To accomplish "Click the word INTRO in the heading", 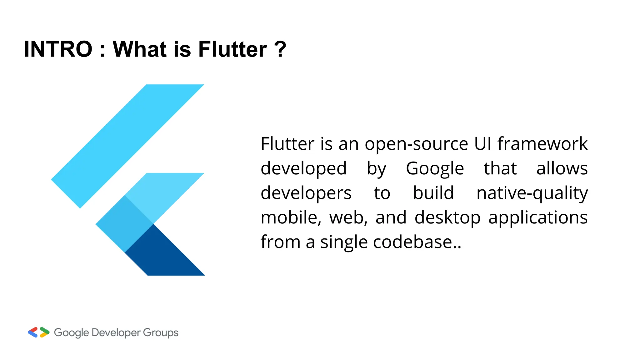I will pos(58,49).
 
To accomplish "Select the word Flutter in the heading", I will pos(232,49).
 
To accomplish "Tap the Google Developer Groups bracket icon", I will pos(38,332).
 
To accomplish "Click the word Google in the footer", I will pos(72,333).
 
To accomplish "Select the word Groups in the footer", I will pos(161,333).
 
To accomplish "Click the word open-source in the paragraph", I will pos(416,144).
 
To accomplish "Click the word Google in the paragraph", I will pos(435,169).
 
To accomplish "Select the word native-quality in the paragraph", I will pos(532,193).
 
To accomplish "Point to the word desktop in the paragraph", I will pos(447,218).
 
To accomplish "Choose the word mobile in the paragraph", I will pos(291,217).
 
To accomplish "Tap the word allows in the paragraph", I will pos(562,168).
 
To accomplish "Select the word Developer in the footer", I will pos(116,333).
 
